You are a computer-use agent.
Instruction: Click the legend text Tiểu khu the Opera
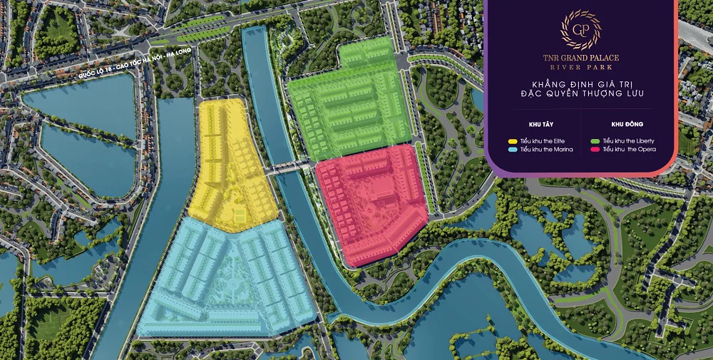[630, 150]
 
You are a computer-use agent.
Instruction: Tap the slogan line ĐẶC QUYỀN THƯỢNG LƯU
[580, 93]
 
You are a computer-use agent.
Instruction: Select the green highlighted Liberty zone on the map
[349, 107]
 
